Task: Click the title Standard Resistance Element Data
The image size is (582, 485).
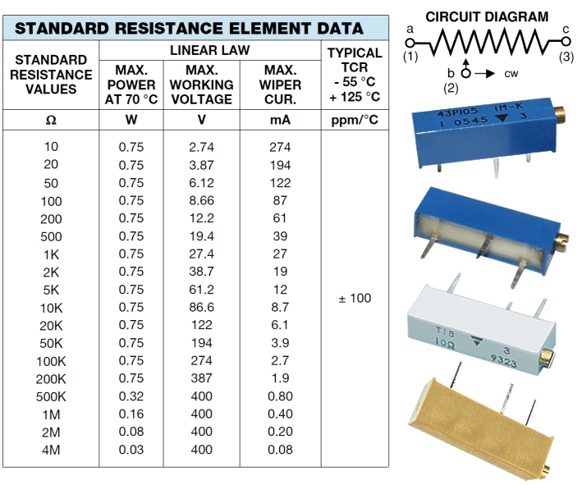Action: click(x=190, y=28)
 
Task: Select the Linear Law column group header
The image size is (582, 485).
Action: click(x=209, y=51)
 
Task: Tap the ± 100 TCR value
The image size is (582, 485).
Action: click(x=355, y=298)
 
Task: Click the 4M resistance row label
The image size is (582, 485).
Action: click(x=51, y=450)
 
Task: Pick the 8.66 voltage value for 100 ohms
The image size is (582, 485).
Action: click(x=202, y=200)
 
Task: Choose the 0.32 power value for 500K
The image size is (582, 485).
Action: click(x=131, y=396)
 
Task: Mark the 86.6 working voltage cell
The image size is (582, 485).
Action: click(x=202, y=307)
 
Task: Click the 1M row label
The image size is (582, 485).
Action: click(x=51, y=414)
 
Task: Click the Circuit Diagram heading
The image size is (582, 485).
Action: click(x=488, y=16)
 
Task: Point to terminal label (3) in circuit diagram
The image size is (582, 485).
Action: click(x=566, y=57)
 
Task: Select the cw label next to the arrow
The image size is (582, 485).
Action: click(x=511, y=74)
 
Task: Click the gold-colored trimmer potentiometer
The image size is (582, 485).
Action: click(x=484, y=427)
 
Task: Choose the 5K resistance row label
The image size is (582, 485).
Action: click(x=51, y=290)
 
